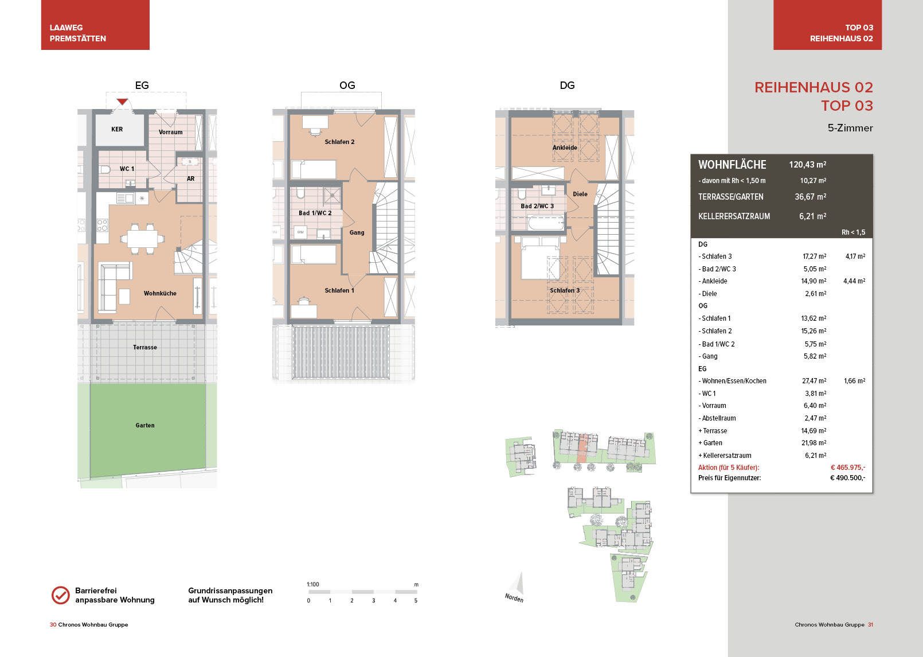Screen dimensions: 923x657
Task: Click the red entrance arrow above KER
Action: [122, 102]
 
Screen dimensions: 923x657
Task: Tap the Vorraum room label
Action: [171, 132]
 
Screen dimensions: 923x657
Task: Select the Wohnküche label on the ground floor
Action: [160, 293]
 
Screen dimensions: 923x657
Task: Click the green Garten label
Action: [145, 425]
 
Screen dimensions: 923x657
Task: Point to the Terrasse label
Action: [145, 347]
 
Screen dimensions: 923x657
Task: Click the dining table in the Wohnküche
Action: [142, 238]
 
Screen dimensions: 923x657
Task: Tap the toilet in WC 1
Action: [105, 169]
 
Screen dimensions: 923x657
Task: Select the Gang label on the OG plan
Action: [357, 232]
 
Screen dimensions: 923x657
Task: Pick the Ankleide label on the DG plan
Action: [565, 147]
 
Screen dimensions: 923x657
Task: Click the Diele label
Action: [580, 194]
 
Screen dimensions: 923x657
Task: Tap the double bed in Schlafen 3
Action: [540, 258]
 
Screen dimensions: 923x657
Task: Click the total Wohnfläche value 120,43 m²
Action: [808, 165]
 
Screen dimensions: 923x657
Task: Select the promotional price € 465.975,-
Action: [848, 467]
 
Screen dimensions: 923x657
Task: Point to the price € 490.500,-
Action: [847, 478]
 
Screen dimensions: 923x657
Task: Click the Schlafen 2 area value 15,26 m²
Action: [814, 331]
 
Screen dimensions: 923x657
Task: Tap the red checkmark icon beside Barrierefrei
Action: [61, 595]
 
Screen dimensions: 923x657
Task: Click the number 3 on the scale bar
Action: [373, 601]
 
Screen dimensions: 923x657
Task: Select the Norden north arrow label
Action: [514, 597]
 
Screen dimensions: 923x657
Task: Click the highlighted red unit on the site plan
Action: [581, 448]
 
